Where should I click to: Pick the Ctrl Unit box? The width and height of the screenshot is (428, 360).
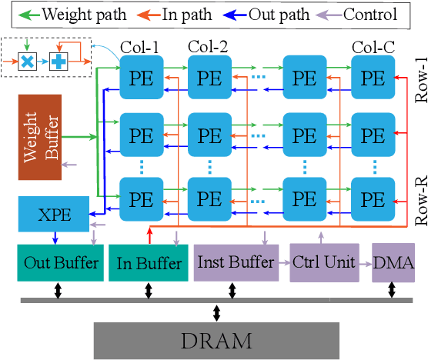323,262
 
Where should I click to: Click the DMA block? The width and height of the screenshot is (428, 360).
393,262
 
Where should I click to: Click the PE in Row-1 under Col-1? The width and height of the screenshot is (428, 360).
140,78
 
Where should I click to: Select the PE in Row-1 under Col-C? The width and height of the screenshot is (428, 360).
373,78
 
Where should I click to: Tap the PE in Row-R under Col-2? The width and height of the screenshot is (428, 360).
209,198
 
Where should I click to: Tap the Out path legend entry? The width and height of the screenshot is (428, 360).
269,13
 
